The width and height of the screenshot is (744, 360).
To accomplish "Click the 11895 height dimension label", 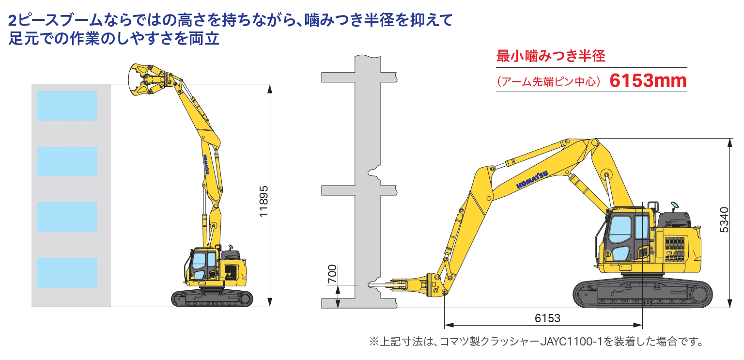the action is pos(263,201).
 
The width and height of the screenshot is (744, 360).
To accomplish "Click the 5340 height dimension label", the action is pos(724,220).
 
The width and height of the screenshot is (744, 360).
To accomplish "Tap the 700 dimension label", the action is pos(332,274).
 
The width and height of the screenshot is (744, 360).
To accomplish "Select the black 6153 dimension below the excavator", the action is pos(547,318).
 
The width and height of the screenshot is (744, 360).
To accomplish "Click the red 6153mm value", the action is pos(648,80).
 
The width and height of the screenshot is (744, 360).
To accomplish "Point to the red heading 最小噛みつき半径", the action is pos(551,56).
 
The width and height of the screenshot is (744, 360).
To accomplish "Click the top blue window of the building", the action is pos(67,106).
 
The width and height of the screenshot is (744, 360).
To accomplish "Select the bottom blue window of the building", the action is pos(67,273).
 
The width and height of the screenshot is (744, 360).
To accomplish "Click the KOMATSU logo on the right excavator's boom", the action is pos(532,180).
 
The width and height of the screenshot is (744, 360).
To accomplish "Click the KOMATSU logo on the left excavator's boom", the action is pos(206,165).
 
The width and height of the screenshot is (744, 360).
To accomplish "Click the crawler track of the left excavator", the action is pos(212,298).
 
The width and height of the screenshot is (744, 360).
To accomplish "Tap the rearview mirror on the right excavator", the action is pos(674,205).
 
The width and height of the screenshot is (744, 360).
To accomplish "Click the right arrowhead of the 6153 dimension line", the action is pos(638,325).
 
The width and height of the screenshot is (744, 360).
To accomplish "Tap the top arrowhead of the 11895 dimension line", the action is pos(270,89).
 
